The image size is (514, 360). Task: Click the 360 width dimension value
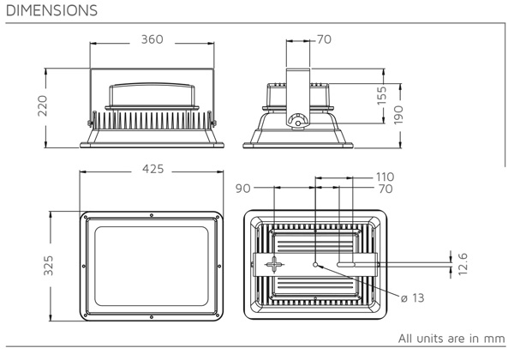[x=152, y=40]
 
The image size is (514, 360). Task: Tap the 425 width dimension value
[x=152, y=170]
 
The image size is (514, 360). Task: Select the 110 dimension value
[x=384, y=177]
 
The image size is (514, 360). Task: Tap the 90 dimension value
[x=242, y=187]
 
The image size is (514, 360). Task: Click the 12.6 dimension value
[x=463, y=261]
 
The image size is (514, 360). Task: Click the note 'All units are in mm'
[x=451, y=337]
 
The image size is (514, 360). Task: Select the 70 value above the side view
[x=324, y=40]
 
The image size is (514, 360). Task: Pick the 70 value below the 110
[x=384, y=188]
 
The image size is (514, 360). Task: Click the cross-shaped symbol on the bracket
[x=273, y=265]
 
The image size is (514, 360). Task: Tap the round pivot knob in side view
[x=297, y=122]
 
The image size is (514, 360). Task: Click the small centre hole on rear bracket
[x=316, y=264]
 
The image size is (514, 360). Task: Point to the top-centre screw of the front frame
[x=152, y=214]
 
